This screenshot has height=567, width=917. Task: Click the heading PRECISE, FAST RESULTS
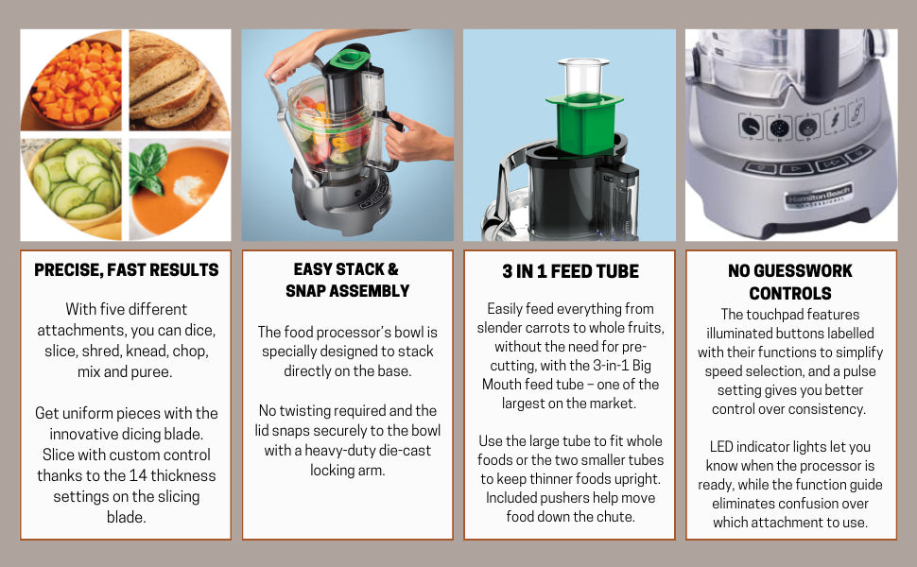(127, 270)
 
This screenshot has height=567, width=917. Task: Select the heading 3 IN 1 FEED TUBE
(570, 271)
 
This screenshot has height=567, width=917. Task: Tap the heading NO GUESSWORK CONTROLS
(790, 282)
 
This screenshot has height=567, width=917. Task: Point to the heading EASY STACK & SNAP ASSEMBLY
(347, 280)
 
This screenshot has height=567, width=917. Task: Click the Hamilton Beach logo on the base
(819, 195)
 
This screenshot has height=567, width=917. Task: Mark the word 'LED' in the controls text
(721, 447)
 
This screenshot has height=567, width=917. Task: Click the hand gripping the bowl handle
(416, 137)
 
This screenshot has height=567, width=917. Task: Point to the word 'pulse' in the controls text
(857, 371)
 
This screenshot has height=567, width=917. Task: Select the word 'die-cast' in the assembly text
(405, 451)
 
